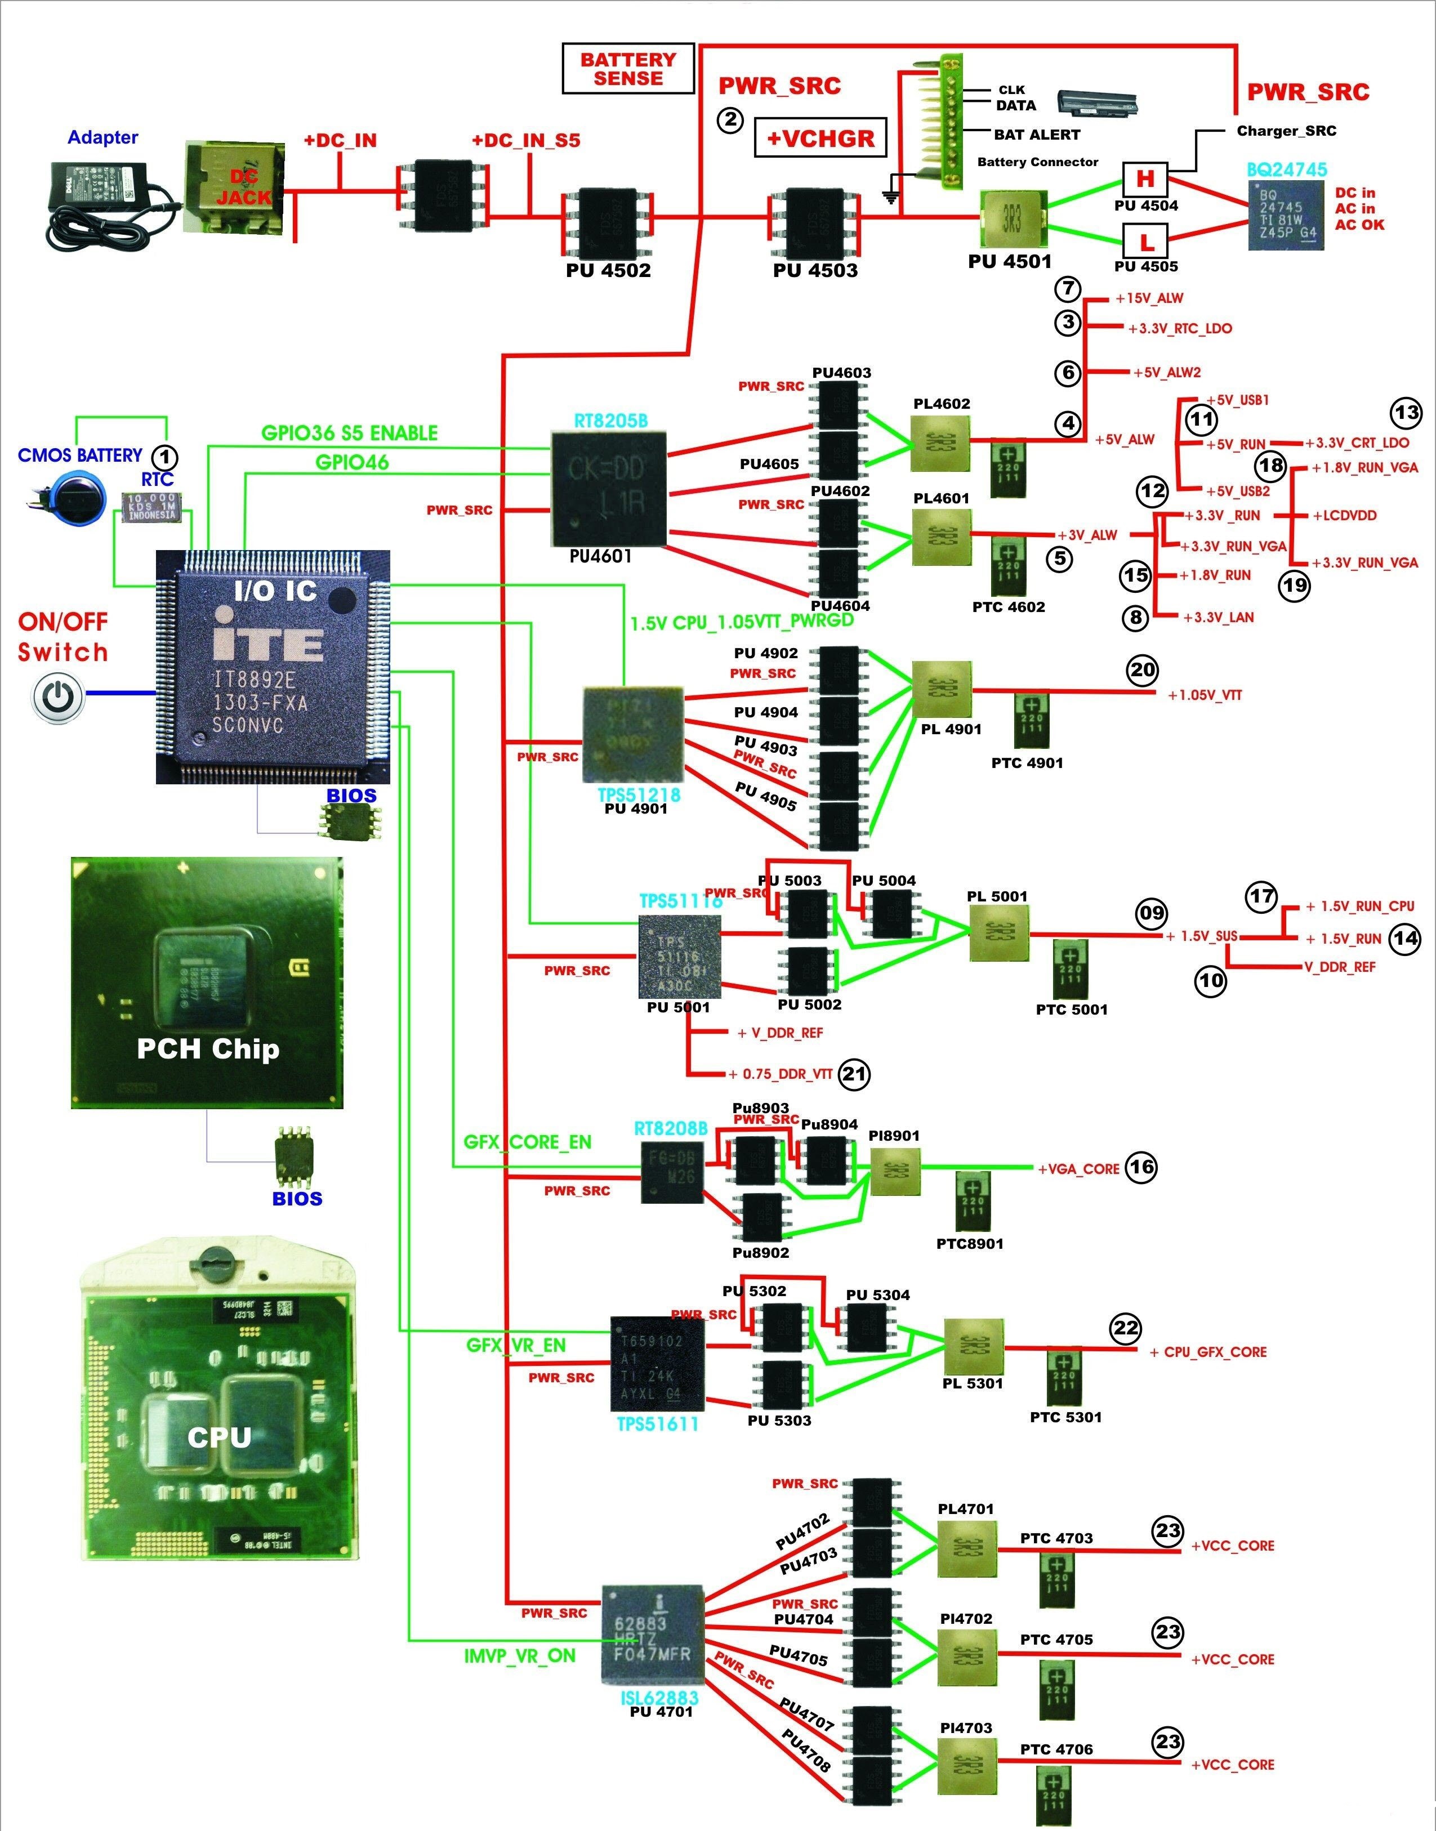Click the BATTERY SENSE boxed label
click(627, 69)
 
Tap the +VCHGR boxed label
click(820, 138)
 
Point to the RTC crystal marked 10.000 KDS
click(151, 507)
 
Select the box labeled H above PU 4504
click(1145, 179)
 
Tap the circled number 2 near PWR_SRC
click(730, 119)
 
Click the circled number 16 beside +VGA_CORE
click(1141, 1167)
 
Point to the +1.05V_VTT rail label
click(1204, 695)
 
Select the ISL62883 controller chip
click(652, 1634)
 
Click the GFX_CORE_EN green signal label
click(527, 1142)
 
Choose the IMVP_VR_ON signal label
click(520, 1655)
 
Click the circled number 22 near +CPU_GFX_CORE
click(1125, 1328)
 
